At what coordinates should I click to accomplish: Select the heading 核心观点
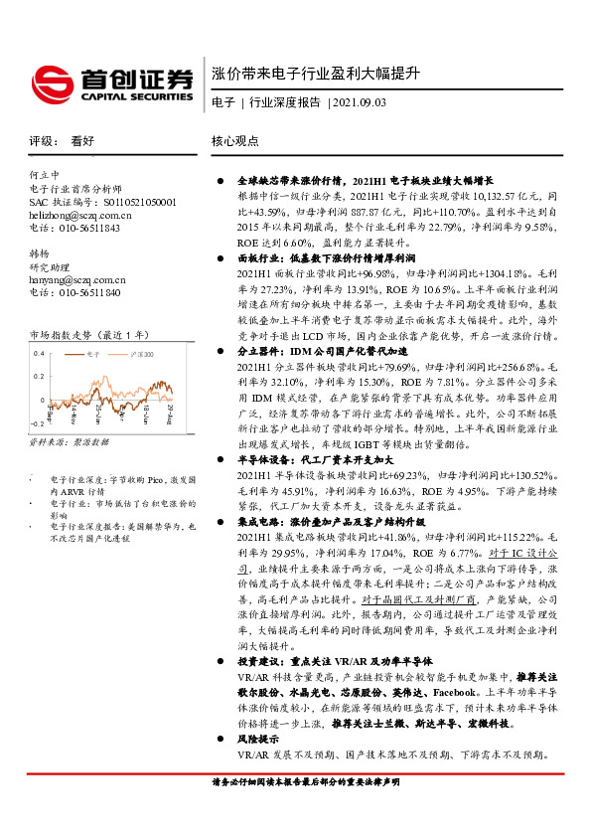(x=235, y=142)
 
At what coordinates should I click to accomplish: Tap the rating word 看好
(x=82, y=142)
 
